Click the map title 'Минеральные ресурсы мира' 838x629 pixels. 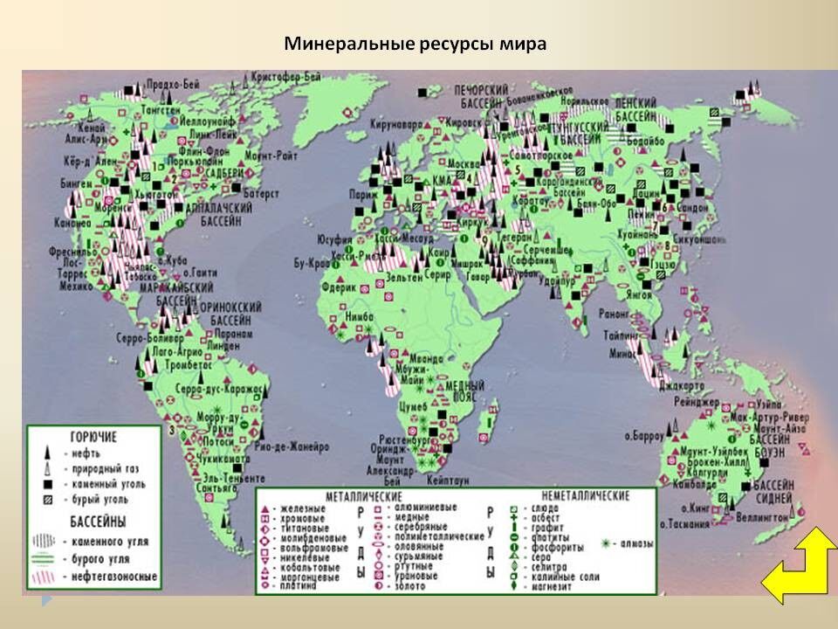(416, 44)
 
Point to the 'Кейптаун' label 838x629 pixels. (446, 478)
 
